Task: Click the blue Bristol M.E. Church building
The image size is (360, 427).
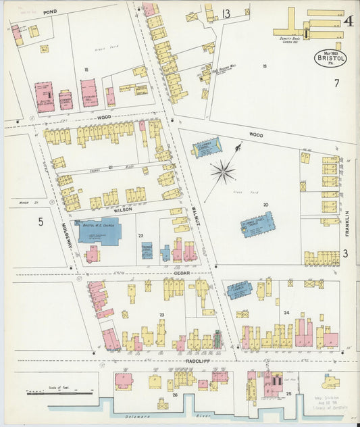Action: [x=99, y=232]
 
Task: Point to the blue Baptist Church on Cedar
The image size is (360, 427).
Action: [x=239, y=290]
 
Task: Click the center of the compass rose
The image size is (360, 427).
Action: [x=222, y=172]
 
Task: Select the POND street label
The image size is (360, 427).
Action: [x=49, y=12]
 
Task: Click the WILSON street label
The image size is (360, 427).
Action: [x=122, y=210]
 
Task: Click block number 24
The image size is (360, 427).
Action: [x=286, y=312]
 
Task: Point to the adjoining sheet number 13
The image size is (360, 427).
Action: [x=226, y=14]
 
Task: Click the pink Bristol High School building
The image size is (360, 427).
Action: [x=44, y=96]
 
